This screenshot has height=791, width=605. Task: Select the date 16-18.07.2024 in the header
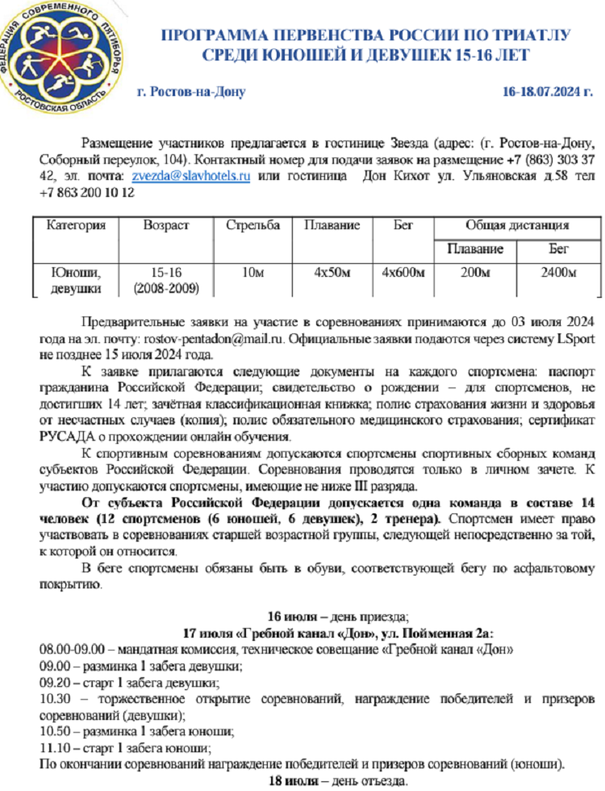coord(548,91)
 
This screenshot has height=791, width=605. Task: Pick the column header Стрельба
coord(252,226)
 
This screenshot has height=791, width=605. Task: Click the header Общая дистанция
coord(517,226)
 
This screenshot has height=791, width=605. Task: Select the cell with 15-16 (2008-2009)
coord(166,280)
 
